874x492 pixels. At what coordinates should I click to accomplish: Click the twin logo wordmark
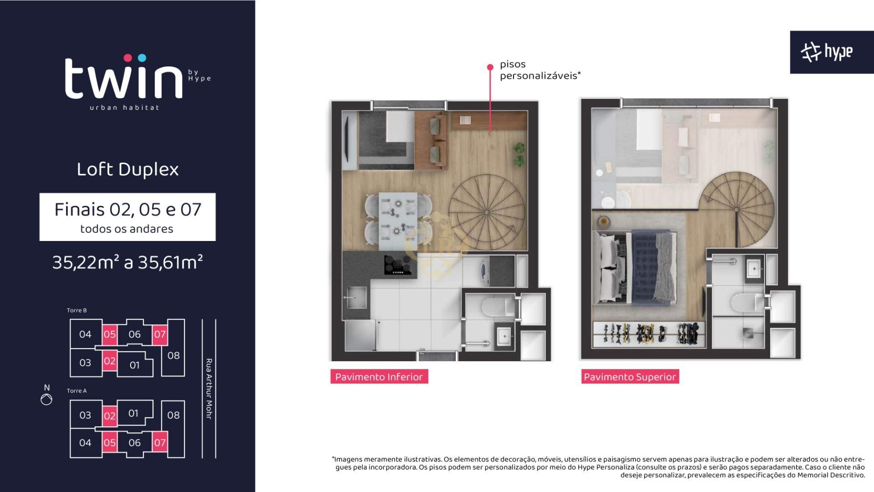(x=124, y=77)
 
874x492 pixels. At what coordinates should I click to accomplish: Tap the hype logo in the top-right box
(x=827, y=52)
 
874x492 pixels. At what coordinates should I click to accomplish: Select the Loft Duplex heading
(x=127, y=169)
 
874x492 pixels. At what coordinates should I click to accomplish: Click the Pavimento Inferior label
(x=379, y=377)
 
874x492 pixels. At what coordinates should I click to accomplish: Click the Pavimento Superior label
(x=630, y=377)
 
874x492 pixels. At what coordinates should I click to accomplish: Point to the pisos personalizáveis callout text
(x=540, y=70)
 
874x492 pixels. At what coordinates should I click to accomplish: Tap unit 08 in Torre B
(x=173, y=355)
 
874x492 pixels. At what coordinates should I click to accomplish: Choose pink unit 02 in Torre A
(x=109, y=416)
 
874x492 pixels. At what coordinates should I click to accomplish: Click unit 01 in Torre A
(x=133, y=413)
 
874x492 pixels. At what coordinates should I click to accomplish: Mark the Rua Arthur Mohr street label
(x=209, y=389)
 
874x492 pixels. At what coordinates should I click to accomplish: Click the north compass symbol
(x=46, y=399)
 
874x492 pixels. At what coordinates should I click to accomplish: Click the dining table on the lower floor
(x=398, y=221)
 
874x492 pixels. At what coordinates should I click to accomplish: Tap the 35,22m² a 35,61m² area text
(x=127, y=262)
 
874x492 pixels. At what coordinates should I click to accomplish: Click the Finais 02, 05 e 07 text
(x=127, y=210)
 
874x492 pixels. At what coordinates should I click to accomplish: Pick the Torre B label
(x=76, y=310)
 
